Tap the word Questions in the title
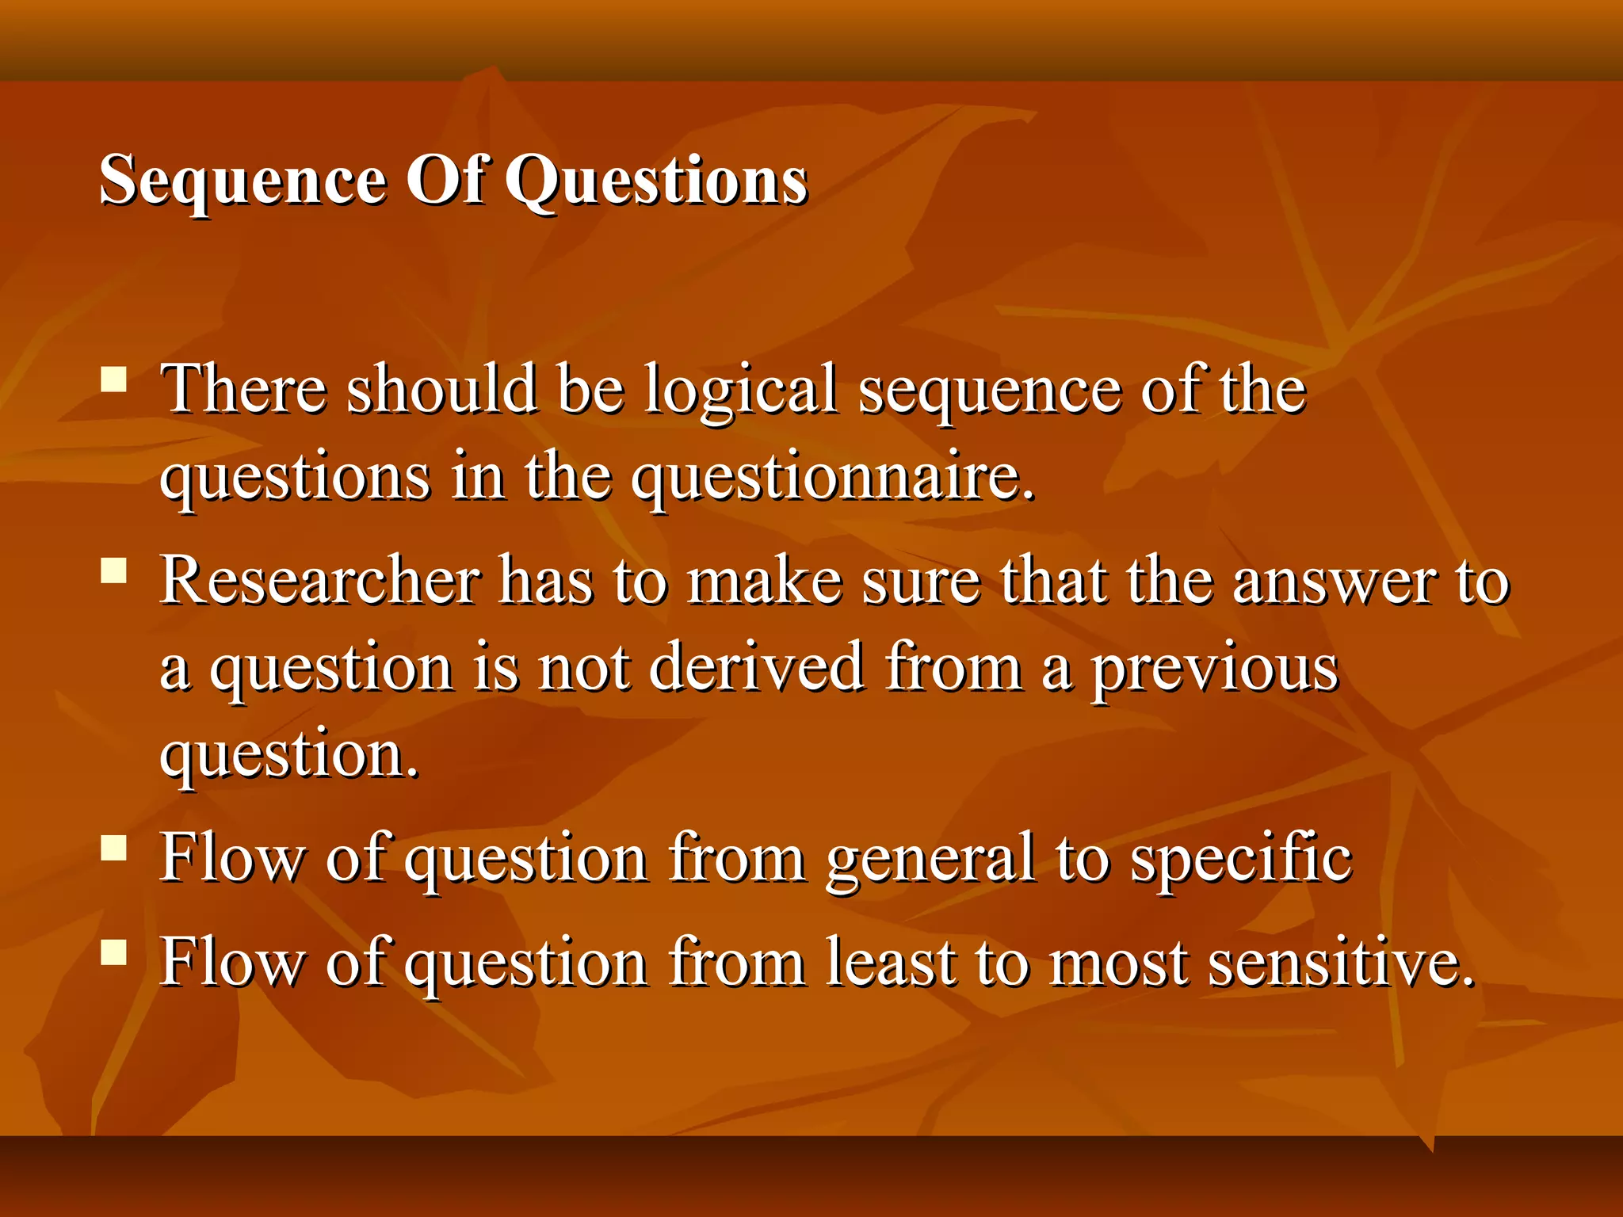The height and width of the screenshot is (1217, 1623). tap(656, 181)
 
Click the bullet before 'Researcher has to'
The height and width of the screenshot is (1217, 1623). tap(114, 570)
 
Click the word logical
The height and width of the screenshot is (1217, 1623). tap(739, 390)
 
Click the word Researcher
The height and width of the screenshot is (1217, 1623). tap(320, 581)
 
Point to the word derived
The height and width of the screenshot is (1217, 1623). tap(756, 667)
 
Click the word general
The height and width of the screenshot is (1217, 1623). tap(930, 860)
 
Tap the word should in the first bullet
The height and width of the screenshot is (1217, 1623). tap(441, 390)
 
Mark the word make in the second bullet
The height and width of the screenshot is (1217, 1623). tap(764, 581)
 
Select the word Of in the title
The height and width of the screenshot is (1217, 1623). tap(445, 181)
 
